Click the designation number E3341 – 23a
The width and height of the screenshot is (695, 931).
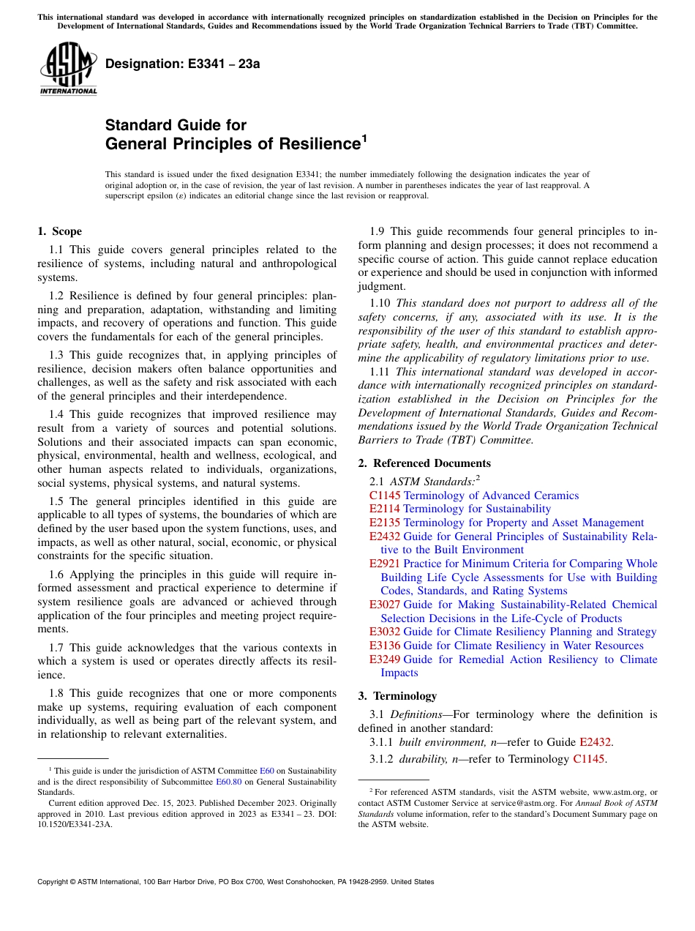click(x=183, y=64)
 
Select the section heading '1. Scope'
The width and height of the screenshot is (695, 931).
click(x=59, y=231)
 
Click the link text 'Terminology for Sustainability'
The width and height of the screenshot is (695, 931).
click(x=477, y=509)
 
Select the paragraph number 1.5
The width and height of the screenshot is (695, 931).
click(x=57, y=501)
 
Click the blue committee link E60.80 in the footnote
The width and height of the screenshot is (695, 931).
click(x=228, y=781)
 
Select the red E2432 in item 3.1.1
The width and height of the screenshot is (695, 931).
click(x=595, y=742)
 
